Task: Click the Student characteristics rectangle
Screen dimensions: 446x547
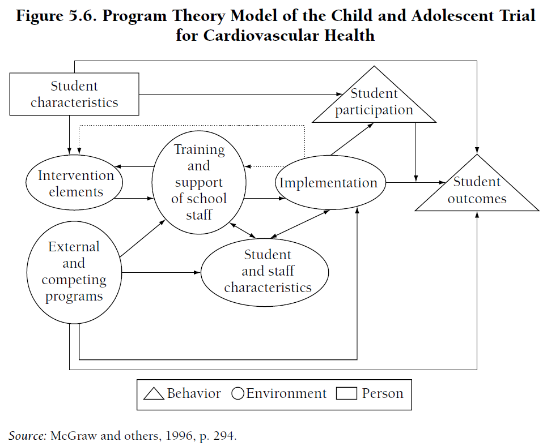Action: pos(74,94)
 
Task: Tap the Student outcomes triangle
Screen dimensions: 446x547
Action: pos(477,190)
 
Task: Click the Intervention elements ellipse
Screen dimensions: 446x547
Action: pos(75,183)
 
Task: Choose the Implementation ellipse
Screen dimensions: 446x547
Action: pos(329,183)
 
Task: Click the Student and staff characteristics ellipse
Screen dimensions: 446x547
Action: pos(267,271)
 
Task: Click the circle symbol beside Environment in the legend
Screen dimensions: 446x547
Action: pos(238,394)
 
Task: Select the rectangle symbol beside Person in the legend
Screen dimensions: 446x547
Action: pos(346,394)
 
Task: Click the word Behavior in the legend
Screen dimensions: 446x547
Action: pos(194,394)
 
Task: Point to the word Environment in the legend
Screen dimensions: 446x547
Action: pos(286,394)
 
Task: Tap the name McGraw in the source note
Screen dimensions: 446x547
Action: pos(71,436)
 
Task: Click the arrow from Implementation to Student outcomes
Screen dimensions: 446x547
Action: pos(414,183)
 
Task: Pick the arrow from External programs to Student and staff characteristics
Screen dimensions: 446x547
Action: pos(162,273)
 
